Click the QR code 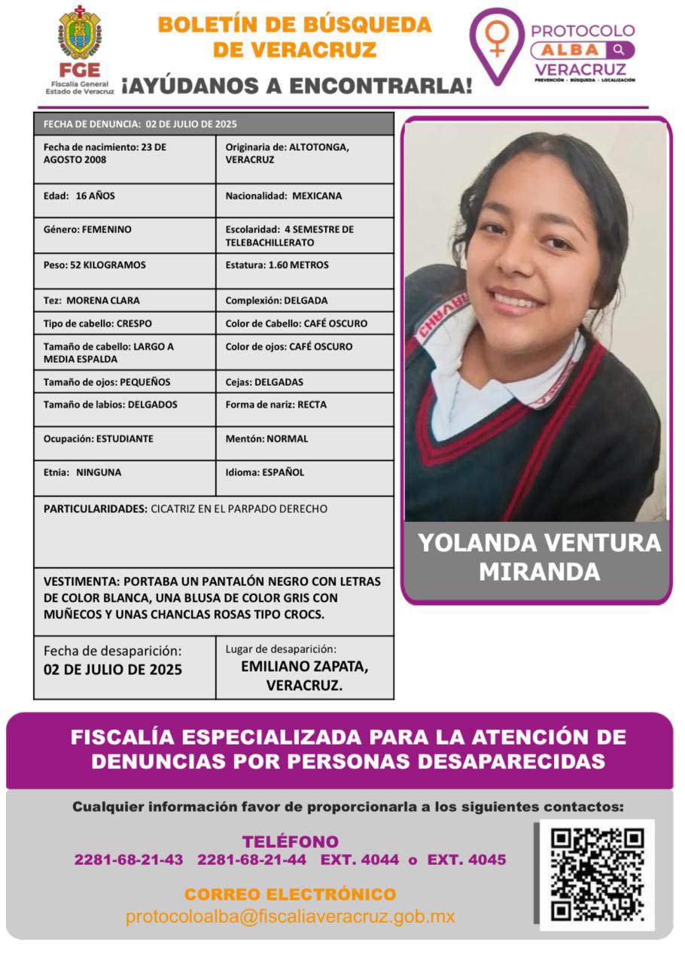coord(597,874)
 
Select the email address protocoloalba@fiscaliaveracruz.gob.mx coord(290,917)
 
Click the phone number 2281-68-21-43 coord(129,860)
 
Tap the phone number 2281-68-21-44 coord(251,860)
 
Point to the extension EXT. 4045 coord(467,860)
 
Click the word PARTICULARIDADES coord(95,509)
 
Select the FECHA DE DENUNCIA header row coord(213,124)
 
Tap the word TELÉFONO coord(290,842)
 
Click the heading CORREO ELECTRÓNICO coord(290,895)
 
